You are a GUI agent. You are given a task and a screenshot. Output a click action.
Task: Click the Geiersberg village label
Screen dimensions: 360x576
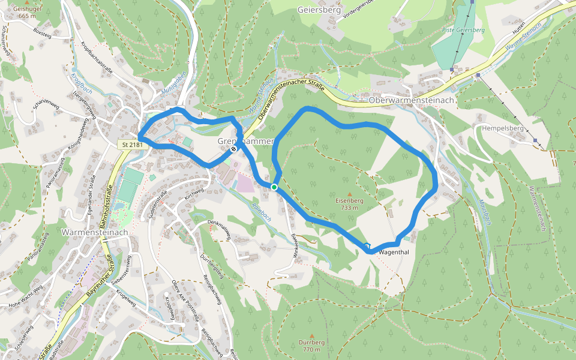[x=319, y=10]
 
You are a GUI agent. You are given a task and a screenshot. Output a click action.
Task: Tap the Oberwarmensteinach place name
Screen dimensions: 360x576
[x=412, y=100]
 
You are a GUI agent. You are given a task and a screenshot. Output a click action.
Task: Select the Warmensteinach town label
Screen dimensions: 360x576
[x=95, y=232]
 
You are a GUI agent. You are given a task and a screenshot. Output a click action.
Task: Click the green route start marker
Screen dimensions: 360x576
[x=274, y=188]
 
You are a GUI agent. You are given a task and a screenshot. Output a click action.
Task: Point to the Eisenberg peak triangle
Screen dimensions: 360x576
[x=349, y=194]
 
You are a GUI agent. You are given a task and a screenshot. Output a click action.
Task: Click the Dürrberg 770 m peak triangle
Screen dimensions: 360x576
[x=311, y=335]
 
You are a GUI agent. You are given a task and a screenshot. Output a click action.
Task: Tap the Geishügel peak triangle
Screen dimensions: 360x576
[x=26, y=3]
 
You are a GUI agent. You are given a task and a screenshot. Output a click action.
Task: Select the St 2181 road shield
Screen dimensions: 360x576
[x=131, y=145]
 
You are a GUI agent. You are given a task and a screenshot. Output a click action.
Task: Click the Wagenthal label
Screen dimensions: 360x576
[x=394, y=252]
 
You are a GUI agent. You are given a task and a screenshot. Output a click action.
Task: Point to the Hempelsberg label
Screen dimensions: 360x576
[x=502, y=128]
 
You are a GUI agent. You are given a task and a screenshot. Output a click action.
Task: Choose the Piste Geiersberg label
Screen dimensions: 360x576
[x=463, y=29]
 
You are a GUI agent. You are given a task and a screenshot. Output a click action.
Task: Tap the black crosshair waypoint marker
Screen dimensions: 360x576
[x=233, y=148]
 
